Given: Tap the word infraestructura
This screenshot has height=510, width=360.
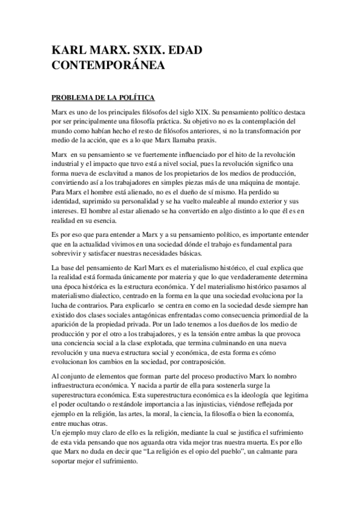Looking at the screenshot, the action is point(75,384).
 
